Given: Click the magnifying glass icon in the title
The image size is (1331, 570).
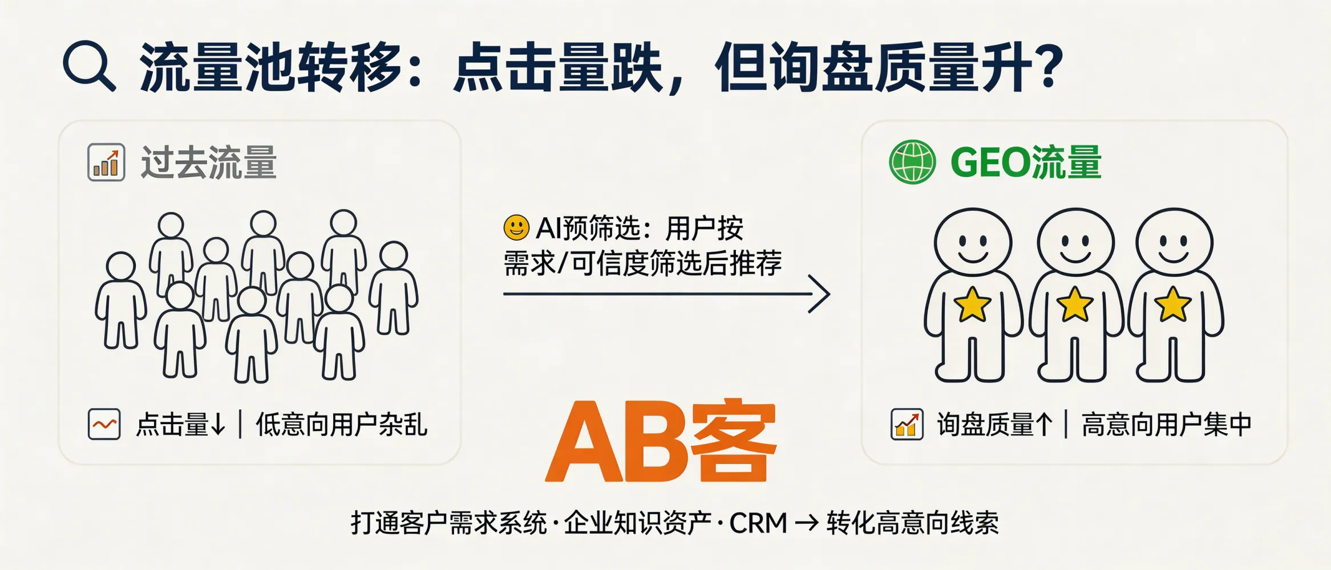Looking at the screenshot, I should pos(88,66).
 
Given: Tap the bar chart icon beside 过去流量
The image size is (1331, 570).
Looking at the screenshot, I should pos(106,162).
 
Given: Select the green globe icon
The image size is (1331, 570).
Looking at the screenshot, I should pos(912,162).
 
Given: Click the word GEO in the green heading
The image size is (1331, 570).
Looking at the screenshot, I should pos(990,163).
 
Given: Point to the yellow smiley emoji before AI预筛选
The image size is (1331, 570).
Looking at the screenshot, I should pos(516,228).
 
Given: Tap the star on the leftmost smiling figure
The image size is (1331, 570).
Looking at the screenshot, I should pos(972,304).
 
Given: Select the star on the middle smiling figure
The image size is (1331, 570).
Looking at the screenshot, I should pos(1075,304).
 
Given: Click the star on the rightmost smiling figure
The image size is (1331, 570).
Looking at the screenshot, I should pos(1173,304).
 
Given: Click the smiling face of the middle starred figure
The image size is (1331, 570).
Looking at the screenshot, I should pos(1075,243).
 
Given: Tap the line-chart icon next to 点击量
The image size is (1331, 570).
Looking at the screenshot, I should pos(104,425).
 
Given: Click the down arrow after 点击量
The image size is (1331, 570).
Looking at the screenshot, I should pos(218,425).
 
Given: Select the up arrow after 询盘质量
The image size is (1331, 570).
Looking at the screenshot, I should pos(1043,425).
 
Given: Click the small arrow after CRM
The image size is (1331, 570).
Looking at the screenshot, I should pos(807,523).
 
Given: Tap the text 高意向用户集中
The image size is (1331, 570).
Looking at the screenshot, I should pos(1166,425).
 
